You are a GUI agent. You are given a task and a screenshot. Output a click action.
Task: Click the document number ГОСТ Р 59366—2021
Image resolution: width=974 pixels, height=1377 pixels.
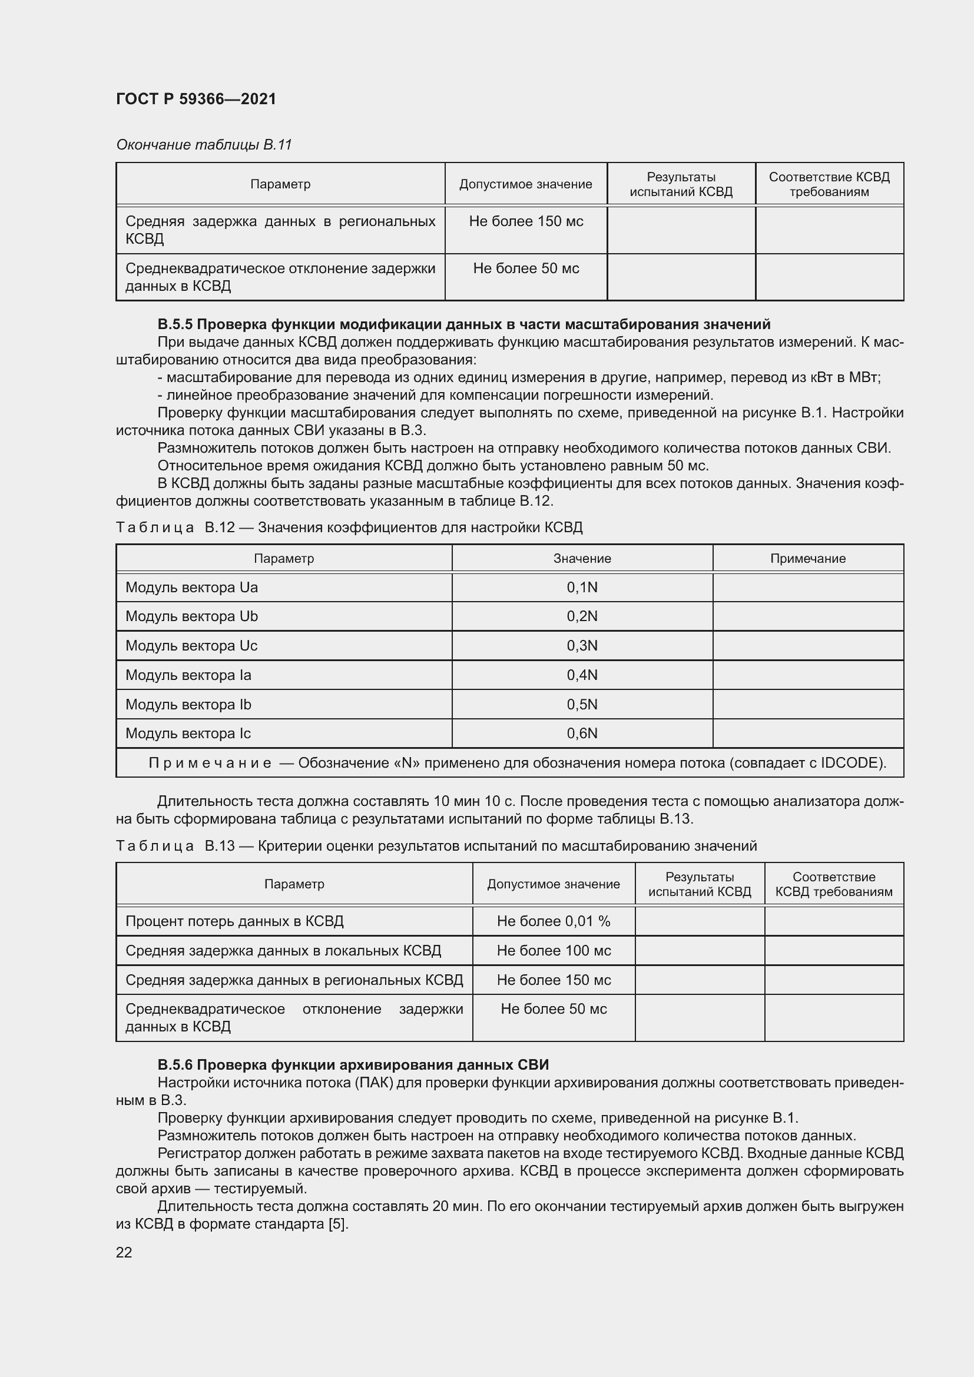click(x=196, y=99)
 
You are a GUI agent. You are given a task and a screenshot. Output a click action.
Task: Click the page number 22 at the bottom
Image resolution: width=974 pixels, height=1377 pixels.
click(x=124, y=1252)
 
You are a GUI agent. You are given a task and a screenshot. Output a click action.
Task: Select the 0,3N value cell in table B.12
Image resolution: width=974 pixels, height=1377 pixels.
click(x=582, y=646)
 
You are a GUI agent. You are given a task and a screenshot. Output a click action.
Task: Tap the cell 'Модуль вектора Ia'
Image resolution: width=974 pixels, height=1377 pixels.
click(x=188, y=675)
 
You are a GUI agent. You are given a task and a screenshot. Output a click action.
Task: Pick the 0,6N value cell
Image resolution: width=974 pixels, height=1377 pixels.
click(x=582, y=734)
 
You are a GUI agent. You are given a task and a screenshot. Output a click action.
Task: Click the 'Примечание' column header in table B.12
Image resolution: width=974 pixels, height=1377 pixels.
click(x=807, y=558)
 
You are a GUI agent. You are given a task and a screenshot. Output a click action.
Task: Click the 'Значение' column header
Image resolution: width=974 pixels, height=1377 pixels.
click(x=582, y=558)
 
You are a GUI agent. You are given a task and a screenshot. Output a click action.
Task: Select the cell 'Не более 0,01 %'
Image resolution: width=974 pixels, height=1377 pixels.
click(x=553, y=921)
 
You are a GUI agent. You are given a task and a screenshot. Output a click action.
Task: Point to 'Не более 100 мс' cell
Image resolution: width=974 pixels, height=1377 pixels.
click(x=553, y=951)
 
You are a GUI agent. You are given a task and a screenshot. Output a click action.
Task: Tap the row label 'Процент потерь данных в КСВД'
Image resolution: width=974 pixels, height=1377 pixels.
click(x=234, y=921)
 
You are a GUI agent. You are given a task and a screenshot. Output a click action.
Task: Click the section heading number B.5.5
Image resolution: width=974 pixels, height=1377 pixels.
click(x=174, y=324)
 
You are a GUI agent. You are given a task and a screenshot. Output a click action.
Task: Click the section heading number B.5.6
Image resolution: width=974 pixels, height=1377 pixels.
click(x=174, y=1065)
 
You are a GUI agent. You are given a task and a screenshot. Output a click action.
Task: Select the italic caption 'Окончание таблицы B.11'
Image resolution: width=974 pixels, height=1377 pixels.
click(x=203, y=145)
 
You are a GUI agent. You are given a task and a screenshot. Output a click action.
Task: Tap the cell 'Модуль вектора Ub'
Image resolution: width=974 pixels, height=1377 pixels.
click(x=191, y=616)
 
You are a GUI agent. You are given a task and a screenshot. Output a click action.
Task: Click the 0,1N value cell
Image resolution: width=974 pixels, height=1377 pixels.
click(x=582, y=588)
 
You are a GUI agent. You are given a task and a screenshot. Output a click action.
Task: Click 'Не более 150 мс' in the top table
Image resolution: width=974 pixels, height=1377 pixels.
click(x=525, y=221)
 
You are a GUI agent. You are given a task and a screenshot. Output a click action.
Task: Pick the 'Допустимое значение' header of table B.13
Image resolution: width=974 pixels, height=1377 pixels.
click(x=553, y=884)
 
